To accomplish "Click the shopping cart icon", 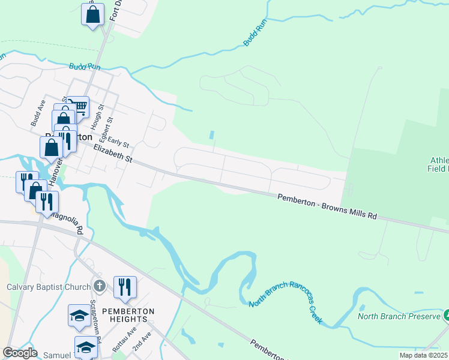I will [x=79, y=107].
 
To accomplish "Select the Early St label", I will [x=119, y=142].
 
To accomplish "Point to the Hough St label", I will [x=94, y=121].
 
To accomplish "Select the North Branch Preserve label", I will [x=399, y=316].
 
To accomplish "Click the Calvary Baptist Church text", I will [x=49, y=287].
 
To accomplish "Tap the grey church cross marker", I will [x=100, y=286].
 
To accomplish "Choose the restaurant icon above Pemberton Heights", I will [x=125, y=287].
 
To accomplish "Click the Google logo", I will [x=20, y=352].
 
